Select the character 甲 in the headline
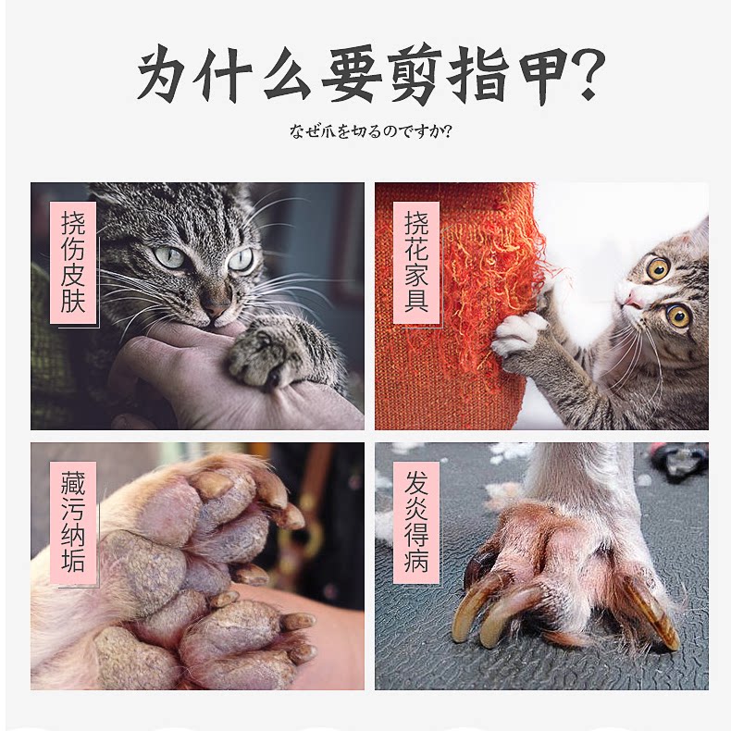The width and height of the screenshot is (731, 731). click(539, 75)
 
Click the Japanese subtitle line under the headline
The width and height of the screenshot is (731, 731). click(371, 131)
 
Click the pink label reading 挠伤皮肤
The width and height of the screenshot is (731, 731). click(73, 263)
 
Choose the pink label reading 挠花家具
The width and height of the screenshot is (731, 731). click(416, 263)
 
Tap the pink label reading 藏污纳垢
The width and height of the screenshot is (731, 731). click(73, 523)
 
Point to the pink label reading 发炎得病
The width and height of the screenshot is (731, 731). click(416, 523)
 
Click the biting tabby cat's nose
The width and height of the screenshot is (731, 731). click(216, 308)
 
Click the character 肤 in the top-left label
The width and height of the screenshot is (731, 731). click(73, 301)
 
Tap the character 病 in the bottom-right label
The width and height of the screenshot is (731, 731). click(416, 561)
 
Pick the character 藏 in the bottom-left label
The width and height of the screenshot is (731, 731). click(73, 483)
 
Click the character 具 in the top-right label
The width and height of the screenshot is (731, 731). click(416, 301)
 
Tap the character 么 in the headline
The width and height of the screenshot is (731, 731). click(287, 75)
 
